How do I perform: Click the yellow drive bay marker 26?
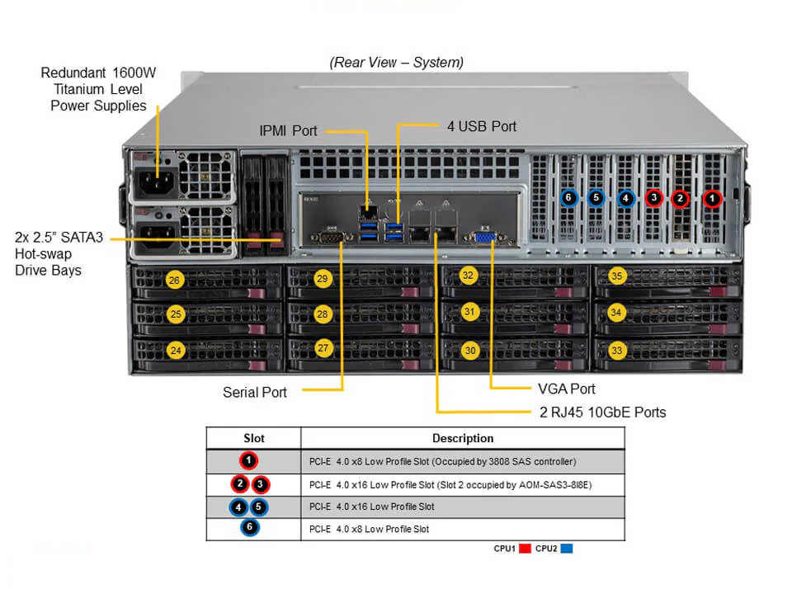[x=174, y=280]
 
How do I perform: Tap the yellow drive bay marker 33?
[x=616, y=350]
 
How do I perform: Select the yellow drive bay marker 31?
[x=469, y=312]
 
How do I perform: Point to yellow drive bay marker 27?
[x=323, y=348]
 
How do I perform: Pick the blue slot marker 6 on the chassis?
[x=568, y=198]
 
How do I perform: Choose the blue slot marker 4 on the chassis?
[x=625, y=198]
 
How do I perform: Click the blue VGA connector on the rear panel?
[x=485, y=238]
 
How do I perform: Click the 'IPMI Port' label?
[x=287, y=130]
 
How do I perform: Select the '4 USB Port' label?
[x=481, y=126]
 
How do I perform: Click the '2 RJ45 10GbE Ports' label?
[x=597, y=412]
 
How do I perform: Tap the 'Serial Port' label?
[x=255, y=392]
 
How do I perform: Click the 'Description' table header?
[x=463, y=438]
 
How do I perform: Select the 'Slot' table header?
[x=253, y=438]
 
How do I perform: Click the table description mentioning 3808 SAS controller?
[x=442, y=461]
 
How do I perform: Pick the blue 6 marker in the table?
[x=249, y=529]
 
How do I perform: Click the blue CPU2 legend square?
[x=566, y=548]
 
